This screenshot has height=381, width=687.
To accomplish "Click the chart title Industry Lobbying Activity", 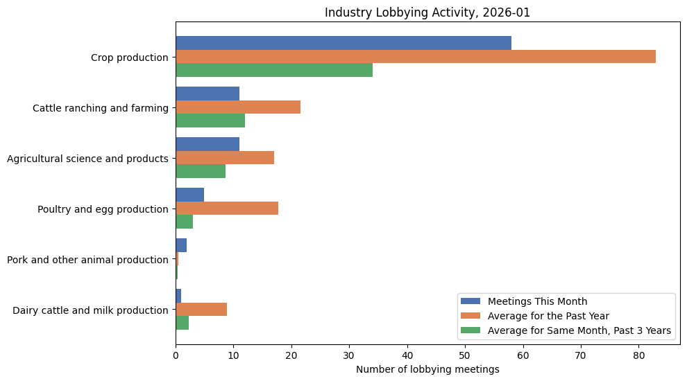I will (x=427, y=12).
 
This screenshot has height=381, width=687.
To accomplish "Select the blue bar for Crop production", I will (x=343, y=43).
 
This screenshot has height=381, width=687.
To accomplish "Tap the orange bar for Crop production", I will (x=416, y=57).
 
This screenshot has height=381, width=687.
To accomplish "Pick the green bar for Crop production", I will (x=274, y=70).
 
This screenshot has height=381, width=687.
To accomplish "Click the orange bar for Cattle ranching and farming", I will (x=238, y=107).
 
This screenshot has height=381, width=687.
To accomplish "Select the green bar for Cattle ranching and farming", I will (x=210, y=121).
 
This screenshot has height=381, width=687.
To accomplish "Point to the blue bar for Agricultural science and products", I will (x=207, y=144).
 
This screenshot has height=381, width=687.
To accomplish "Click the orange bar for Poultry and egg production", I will (x=227, y=209).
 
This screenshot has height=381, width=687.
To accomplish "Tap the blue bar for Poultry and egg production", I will (x=189, y=195).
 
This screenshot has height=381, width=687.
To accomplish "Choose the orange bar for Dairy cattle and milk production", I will (x=201, y=310).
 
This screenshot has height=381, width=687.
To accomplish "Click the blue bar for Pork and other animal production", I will (x=181, y=245).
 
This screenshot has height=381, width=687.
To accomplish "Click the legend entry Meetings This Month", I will (x=537, y=301).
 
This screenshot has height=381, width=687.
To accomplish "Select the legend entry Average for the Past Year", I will (x=548, y=316).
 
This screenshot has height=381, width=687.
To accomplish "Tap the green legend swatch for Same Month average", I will (x=471, y=331).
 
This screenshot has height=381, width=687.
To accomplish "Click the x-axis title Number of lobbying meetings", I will (x=427, y=369).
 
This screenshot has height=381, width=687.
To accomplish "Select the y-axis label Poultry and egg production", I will (x=103, y=209).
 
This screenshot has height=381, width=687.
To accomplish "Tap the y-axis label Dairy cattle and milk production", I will (x=90, y=310).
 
